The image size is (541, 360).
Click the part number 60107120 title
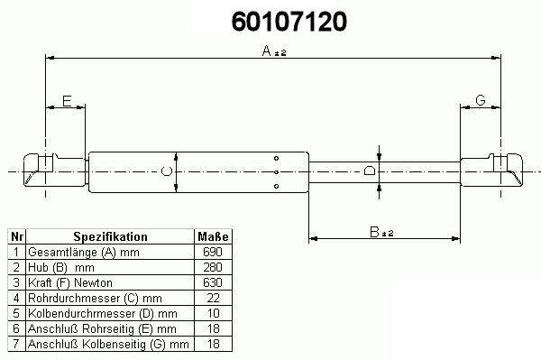coord(289,22)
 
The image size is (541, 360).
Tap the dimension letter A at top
coord(267,51)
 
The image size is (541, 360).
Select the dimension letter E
coord(67,101)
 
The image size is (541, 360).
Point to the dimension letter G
coord(481,100)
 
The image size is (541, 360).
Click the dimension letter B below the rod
coord(374,232)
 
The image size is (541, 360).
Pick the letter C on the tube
coord(167,171)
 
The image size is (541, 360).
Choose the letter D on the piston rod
coord(370,171)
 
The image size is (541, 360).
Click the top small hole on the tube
coord(277,159)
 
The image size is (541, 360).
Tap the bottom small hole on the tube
coord(277,187)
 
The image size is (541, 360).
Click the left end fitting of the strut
coord(54,171)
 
